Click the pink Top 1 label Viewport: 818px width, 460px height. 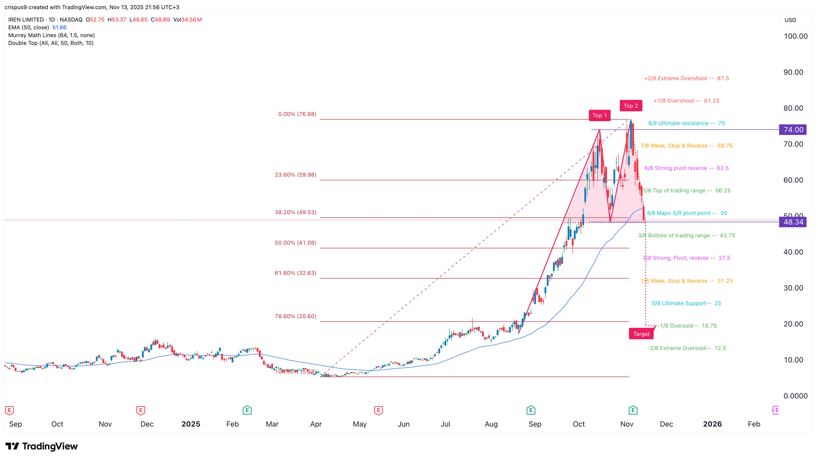point(599,115)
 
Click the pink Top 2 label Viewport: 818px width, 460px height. point(631,106)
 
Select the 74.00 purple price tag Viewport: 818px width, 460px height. point(793,130)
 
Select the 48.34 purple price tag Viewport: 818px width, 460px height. point(793,222)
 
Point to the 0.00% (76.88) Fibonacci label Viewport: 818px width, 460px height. point(297,114)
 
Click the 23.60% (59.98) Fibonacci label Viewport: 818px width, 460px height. point(295,175)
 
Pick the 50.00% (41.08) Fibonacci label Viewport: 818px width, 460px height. point(295,243)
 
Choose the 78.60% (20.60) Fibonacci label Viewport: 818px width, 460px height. point(295,316)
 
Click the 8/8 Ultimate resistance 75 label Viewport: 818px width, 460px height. point(686,123)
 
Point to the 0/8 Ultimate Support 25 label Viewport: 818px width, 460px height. point(686,303)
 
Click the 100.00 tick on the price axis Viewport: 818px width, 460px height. point(795,36)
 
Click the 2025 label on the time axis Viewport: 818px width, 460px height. point(190,424)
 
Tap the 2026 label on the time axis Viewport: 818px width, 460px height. point(712,424)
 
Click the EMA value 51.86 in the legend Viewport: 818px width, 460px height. point(59,27)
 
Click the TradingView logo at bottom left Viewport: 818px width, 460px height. point(42,446)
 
